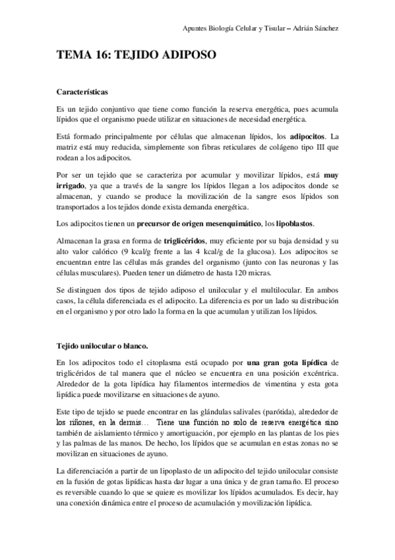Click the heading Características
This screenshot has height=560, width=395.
point(83,91)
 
